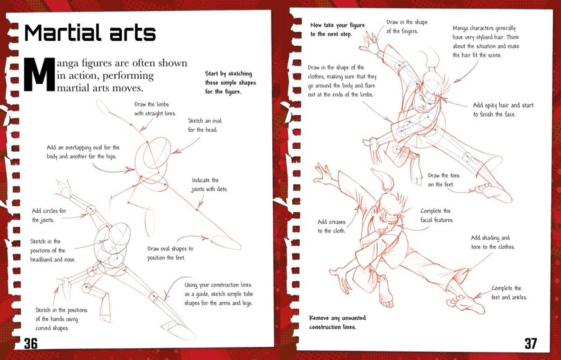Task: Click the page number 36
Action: pos(33,344)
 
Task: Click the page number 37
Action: pos(530,343)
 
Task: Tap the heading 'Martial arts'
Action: pos(90,33)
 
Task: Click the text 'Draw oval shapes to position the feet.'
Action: pos(170,253)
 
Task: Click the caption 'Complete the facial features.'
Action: pos(435,215)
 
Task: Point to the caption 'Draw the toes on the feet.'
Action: pos(444,180)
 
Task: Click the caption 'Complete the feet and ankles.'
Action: pos(510,293)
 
